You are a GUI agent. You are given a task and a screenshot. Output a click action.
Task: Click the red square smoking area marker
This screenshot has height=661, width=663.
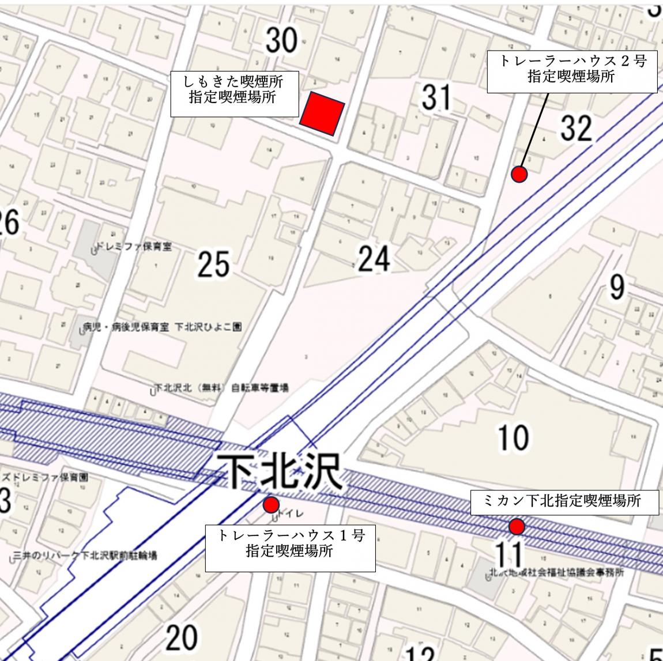click(x=322, y=115)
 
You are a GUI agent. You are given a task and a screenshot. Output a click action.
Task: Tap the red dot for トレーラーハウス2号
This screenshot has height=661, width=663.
click(x=519, y=174)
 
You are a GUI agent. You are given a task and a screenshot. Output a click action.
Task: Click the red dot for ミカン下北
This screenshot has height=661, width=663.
click(x=517, y=526)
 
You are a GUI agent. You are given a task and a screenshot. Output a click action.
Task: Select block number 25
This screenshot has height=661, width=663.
click(x=214, y=265)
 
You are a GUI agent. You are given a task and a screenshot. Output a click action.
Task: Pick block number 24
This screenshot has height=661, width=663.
click(x=374, y=260)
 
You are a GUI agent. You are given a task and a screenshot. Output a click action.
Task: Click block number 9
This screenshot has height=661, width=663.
click(x=617, y=286)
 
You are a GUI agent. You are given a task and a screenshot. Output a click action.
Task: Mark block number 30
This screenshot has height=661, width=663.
click(x=282, y=40)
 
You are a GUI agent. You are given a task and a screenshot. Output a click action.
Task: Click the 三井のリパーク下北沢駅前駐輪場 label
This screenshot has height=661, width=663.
click(x=86, y=556)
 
